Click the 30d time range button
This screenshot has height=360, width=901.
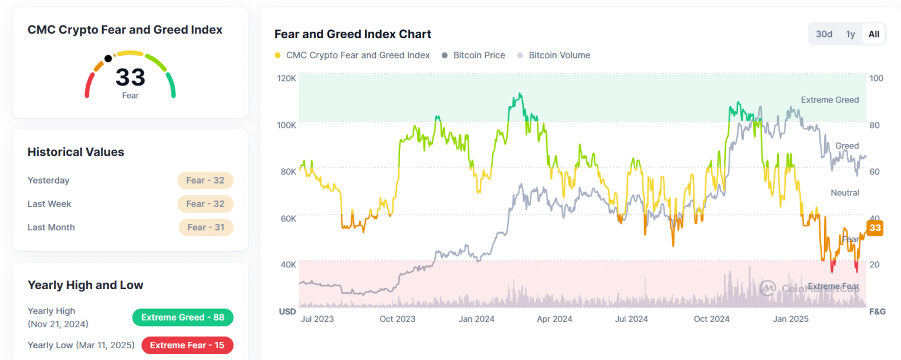(x=824, y=34)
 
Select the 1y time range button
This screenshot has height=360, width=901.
(x=851, y=34)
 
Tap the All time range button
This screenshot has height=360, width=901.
(x=874, y=34)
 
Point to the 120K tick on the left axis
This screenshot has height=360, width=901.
(x=287, y=78)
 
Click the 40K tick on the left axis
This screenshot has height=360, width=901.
(x=287, y=264)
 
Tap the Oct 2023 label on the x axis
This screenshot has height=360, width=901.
(x=397, y=319)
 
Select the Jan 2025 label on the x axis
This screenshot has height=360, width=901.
(x=791, y=319)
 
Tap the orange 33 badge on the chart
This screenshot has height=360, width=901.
(x=875, y=228)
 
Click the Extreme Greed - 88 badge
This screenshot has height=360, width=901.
(x=182, y=317)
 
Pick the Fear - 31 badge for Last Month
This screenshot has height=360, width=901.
(x=205, y=227)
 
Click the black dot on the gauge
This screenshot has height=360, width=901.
(x=108, y=59)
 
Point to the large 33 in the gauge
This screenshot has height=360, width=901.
(x=130, y=77)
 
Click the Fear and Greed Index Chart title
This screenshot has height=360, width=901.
(x=353, y=34)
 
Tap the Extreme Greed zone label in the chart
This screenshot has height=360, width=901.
(x=829, y=100)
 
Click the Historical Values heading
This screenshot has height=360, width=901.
(x=76, y=152)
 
